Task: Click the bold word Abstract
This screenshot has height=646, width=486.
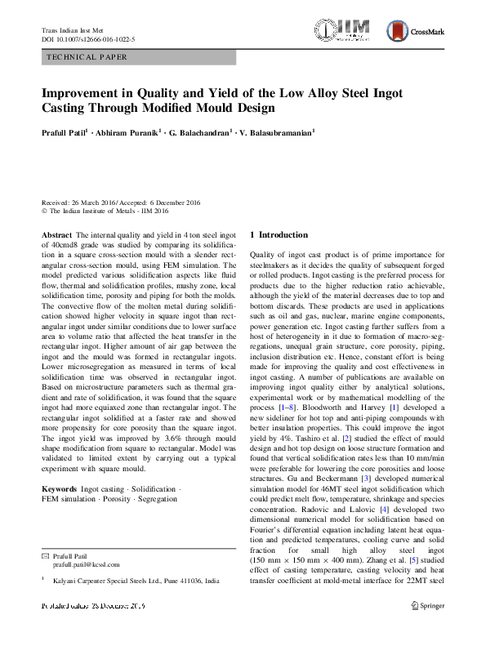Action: tap(57, 234)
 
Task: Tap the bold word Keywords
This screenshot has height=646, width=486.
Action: tap(60, 488)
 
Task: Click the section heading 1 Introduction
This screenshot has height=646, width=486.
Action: tap(279, 234)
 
